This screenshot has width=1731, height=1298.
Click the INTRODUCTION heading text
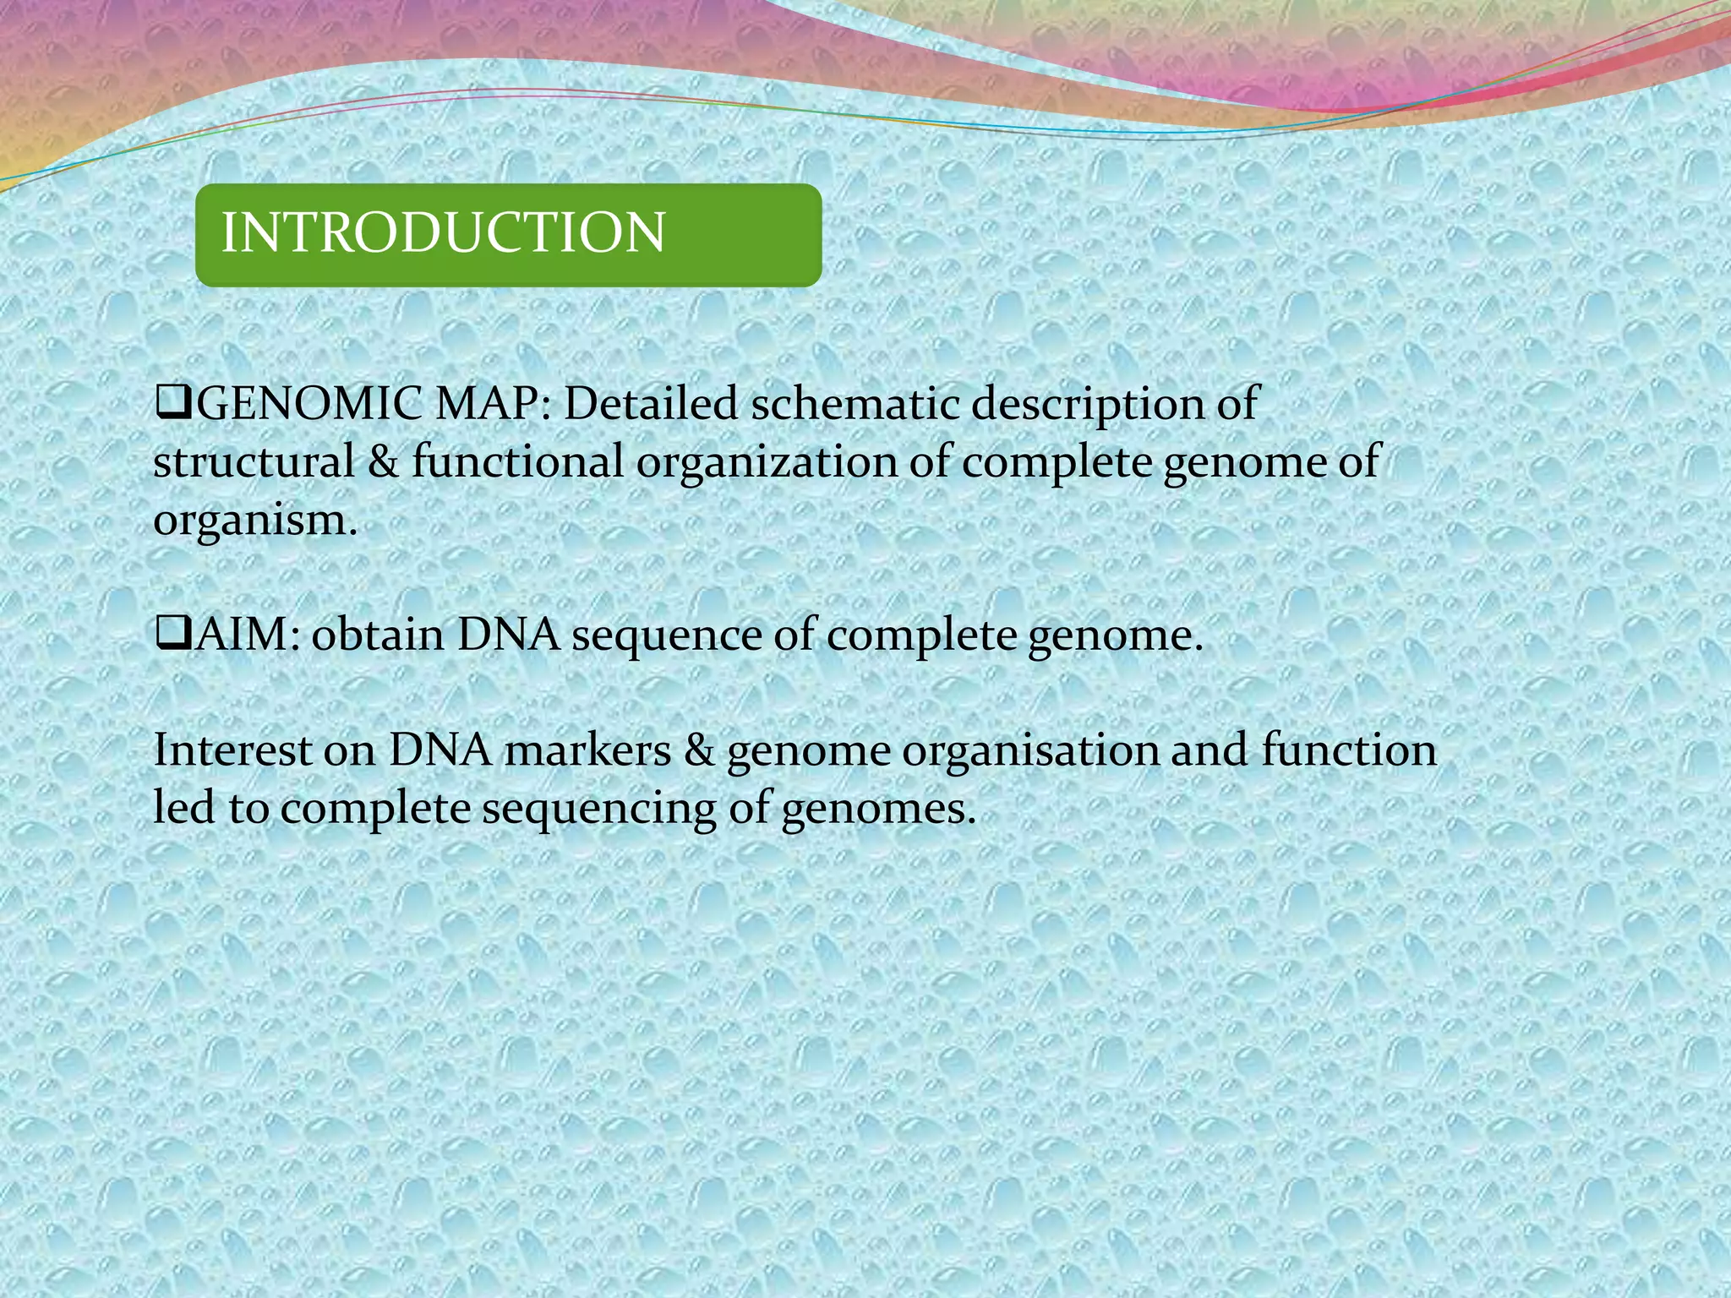443,233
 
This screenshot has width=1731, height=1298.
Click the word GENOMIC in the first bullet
309,405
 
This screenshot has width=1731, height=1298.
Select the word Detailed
651,405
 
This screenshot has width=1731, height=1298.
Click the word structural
254,463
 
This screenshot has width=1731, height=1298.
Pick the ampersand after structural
383,463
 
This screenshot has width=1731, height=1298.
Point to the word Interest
232,750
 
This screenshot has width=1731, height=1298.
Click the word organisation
1030,750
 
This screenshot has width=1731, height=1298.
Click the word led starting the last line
183,808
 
